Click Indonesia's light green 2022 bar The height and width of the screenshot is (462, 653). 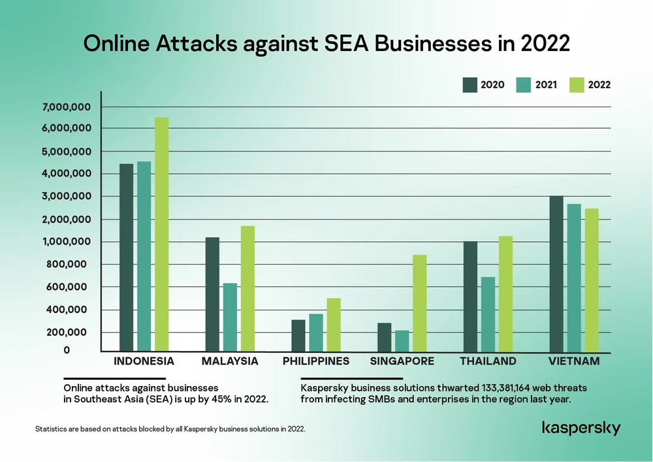tap(161, 235)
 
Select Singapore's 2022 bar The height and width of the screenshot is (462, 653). tap(419, 303)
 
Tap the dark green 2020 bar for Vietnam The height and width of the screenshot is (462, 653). tap(556, 274)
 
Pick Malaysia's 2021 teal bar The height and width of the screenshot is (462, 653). tap(230, 318)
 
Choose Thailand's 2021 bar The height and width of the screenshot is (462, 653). tap(488, 314)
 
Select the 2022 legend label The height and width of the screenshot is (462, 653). tap(599, 85)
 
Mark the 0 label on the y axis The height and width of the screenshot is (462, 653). tap(67, 351)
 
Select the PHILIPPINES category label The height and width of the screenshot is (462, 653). tap(316, 361)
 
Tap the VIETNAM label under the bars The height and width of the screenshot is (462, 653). tap(574, 361)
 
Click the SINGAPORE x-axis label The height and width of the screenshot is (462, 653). tap(402, 361)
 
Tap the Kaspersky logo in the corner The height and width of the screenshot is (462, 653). tap(581, 429)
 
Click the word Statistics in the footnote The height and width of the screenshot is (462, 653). tap(50, 429)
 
